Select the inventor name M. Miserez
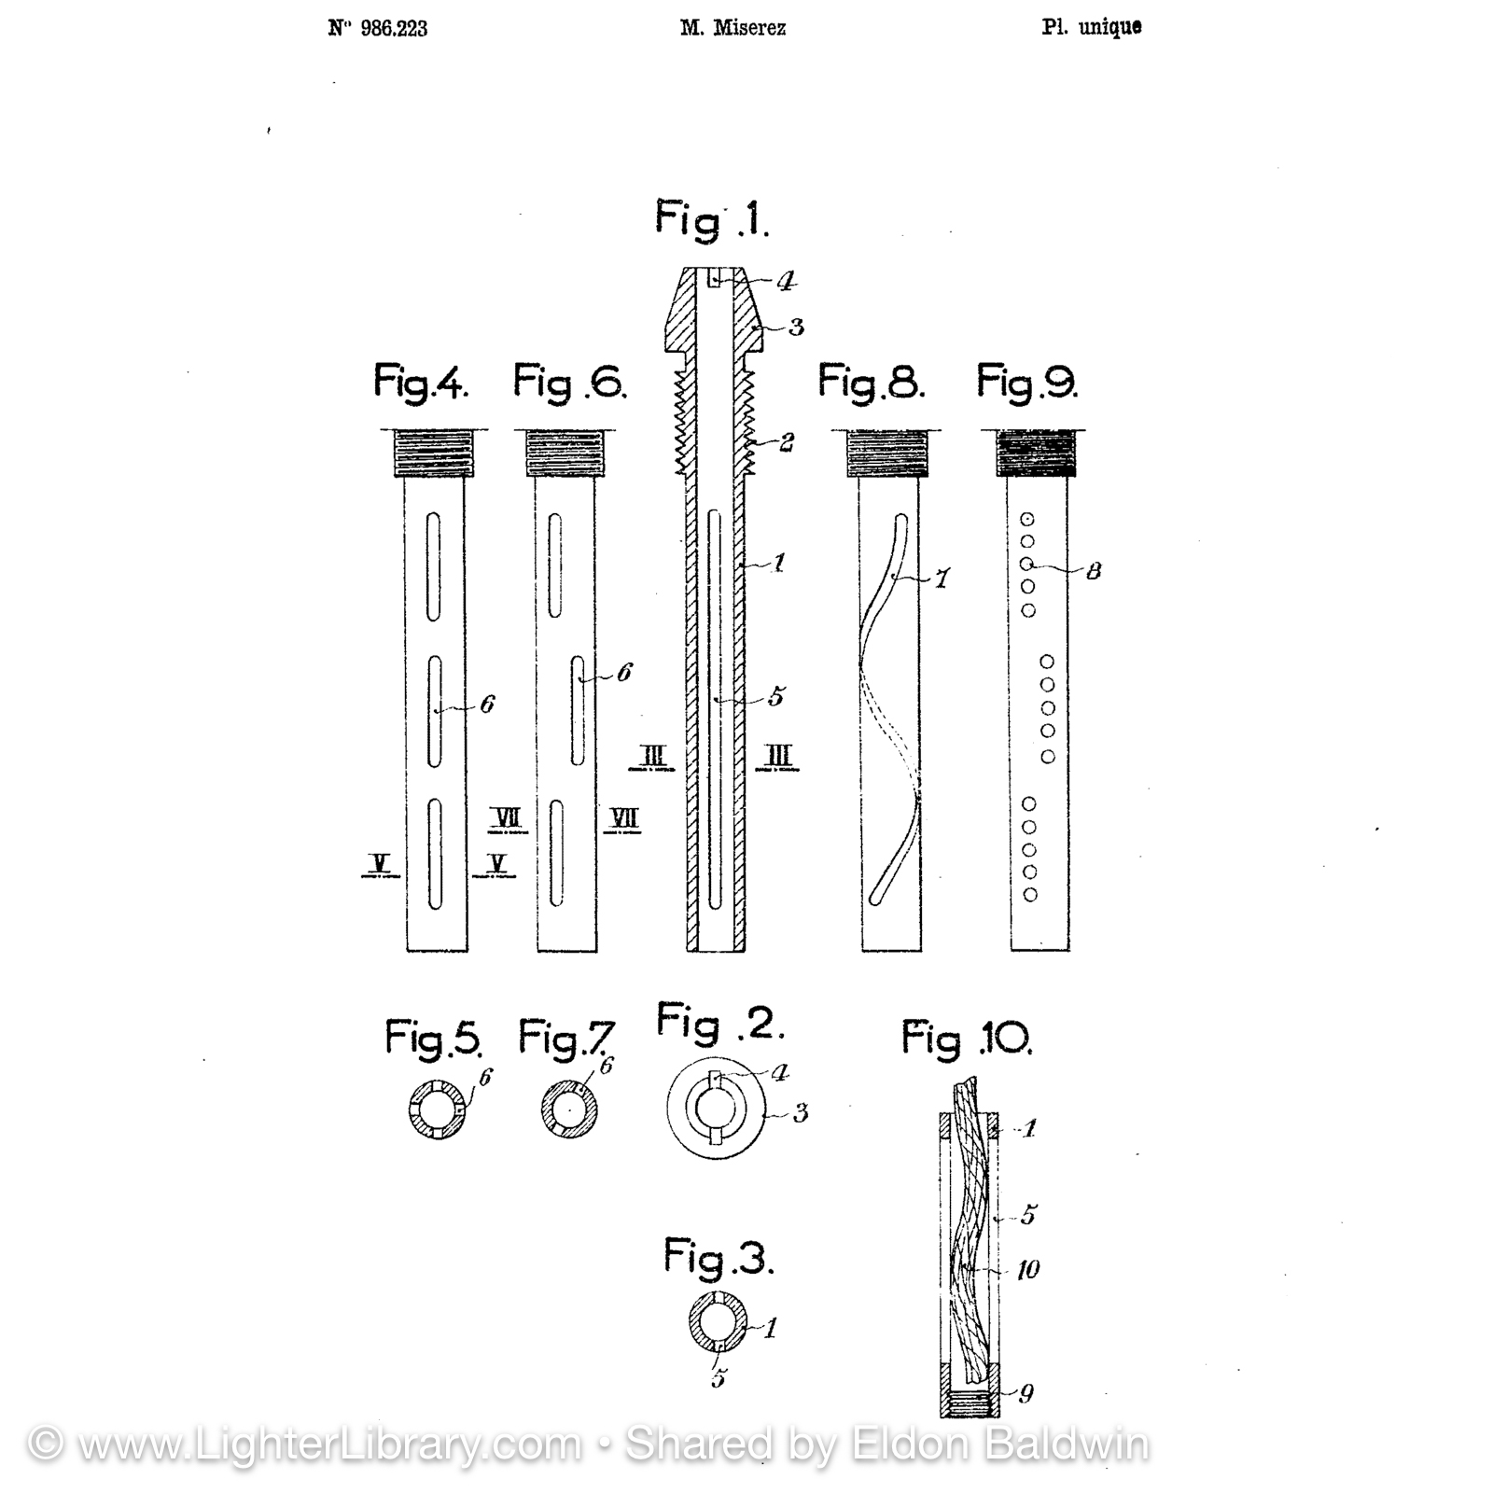(x=733, y=28)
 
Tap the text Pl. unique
(x=1092, y=27)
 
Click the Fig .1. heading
(x=712, y=220)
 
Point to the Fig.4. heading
(x=421, y=383)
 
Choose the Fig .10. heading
(x=967, y=1038)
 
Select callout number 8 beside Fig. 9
(x=1094, y=570)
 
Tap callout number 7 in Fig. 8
(x=942, y=579)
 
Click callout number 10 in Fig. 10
(x=1027, y=1269)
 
